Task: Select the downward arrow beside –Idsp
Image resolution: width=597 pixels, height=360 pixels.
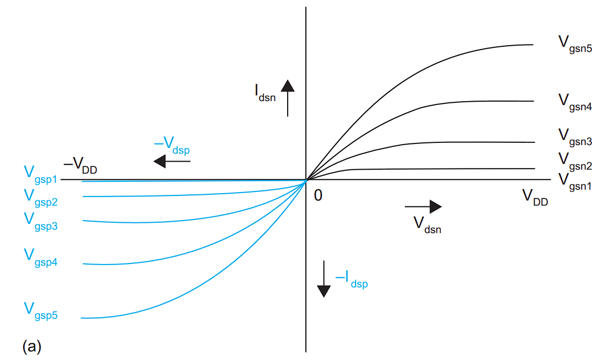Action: click(x=324, y=279)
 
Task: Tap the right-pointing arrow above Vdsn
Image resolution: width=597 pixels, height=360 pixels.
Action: click(x=423, y=207)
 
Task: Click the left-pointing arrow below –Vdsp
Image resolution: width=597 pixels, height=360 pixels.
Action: click(x=172, y=161)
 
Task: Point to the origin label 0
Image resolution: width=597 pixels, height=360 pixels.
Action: click(x=318, y=195)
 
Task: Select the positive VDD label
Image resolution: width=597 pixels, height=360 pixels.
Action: click(x=535, y=197)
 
